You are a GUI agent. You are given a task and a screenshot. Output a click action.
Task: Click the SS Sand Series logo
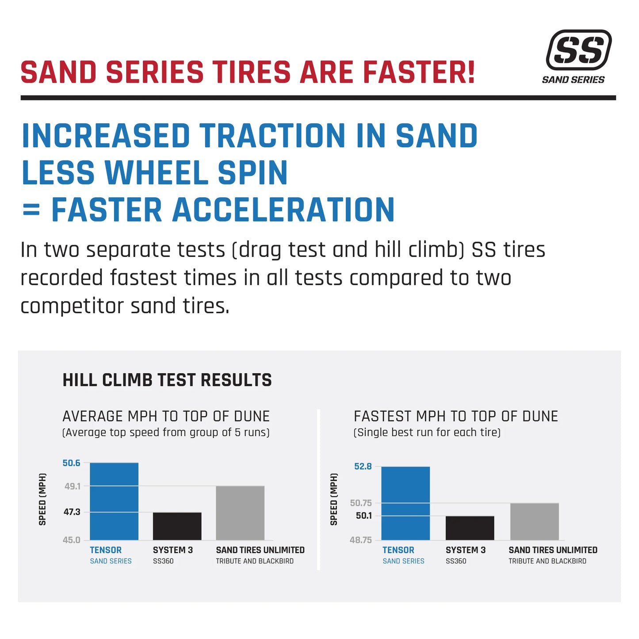(x=578, y=56)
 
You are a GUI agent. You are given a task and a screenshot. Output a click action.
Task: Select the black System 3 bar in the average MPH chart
(x=177, y=526)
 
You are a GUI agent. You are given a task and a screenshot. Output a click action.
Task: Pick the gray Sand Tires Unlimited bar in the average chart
(x=240, y=513)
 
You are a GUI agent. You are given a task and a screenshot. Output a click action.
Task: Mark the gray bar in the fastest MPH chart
(x=534, y=521)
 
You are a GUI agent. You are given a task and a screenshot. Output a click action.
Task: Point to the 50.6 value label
(x=71, y=463)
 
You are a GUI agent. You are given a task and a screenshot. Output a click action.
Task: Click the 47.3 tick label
(x=72, y=512)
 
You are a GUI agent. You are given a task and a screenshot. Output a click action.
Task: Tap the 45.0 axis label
(x=71, y=540)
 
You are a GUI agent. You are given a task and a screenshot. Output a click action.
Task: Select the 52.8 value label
(x=363, y=467)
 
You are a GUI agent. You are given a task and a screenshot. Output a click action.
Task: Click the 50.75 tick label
(x=361, y=503)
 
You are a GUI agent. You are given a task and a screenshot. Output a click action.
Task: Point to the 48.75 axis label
(x=360, y=540)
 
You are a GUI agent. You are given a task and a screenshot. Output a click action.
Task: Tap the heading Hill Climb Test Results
(x=167, y=380)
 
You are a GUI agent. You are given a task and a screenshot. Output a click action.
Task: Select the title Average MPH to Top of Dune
(x=166, y=417)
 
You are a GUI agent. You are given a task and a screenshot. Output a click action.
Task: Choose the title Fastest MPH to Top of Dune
(x=455, y=417)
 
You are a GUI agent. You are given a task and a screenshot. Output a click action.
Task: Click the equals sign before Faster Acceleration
(x=31, y=210)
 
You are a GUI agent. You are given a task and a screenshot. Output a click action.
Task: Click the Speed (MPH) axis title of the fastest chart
(x=334, y=499)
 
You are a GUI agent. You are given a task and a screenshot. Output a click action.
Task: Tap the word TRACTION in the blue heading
(x=272, y=136)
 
